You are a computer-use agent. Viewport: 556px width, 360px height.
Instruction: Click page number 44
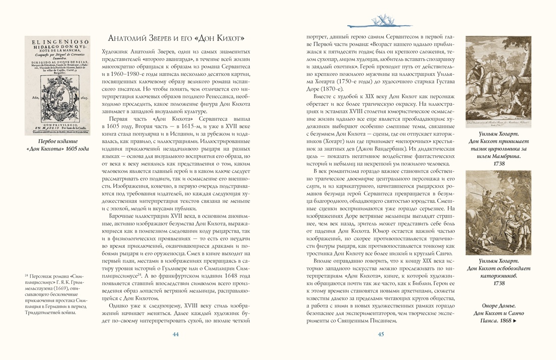(x=176, y=334)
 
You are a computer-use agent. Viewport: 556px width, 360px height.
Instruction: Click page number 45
(x=381, y=334)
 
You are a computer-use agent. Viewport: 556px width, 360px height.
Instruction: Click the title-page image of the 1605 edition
(x=57, y=85)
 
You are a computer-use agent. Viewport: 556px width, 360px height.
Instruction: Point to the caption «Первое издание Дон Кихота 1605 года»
(x=57, y=145)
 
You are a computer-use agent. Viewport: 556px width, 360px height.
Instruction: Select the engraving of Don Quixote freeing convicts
(x=498, y=212)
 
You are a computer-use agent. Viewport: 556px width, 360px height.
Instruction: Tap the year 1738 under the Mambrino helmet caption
(x=498, y=164)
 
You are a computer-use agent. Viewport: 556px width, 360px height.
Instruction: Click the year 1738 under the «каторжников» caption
(x=498, y=283)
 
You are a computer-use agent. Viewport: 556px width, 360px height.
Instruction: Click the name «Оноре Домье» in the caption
(x=498, y=305)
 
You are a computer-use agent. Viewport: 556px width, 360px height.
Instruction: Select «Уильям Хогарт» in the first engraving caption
(x=498, y=132)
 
